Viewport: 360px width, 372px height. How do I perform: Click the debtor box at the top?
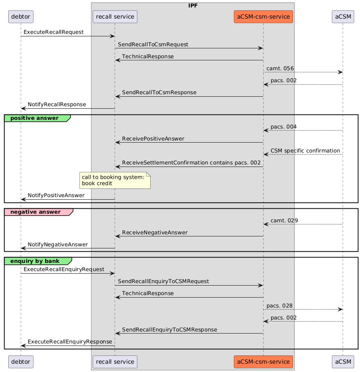21,17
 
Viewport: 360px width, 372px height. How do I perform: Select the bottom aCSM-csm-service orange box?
263,362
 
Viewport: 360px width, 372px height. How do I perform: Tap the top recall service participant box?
115,17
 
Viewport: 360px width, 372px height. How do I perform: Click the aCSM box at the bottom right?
343,362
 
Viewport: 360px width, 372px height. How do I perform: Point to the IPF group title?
192,5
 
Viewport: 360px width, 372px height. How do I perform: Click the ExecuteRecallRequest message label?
53,32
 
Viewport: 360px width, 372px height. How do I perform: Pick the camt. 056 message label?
280,68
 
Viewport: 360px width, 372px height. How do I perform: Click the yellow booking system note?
115,180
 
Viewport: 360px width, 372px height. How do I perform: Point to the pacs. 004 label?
283,126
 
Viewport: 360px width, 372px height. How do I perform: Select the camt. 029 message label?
284,220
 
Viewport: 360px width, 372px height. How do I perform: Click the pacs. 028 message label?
280,305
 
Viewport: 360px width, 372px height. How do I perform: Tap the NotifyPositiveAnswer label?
56,195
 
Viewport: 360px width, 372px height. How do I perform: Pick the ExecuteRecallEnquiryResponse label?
70,342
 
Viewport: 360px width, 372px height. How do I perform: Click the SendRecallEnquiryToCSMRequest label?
163,281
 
